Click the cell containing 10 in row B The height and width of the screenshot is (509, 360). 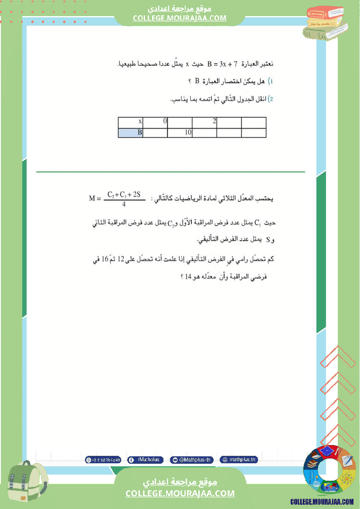click(180, 133)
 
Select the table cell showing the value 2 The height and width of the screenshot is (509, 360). click(204, 121)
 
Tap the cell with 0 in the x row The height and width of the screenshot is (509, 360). click(155, 121)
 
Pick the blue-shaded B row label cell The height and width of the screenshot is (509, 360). click(130, 133)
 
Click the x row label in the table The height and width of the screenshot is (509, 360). click(130, 121)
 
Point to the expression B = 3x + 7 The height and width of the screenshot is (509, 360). click(222, 64)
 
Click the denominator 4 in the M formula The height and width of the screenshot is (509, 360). click(124, 204)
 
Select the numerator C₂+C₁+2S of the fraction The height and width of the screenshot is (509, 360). click(124, 194)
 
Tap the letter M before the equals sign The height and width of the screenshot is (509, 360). click(92, 199)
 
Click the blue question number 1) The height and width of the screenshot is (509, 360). click(270, 81)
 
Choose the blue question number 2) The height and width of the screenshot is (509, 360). click(270, 99)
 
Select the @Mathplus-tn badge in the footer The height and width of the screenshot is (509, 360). click(192, 459)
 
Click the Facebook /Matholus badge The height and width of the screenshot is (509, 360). click(146, 459)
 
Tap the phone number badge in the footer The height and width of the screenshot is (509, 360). click(103, 459)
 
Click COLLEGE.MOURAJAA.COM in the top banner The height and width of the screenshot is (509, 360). click(180, 18)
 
